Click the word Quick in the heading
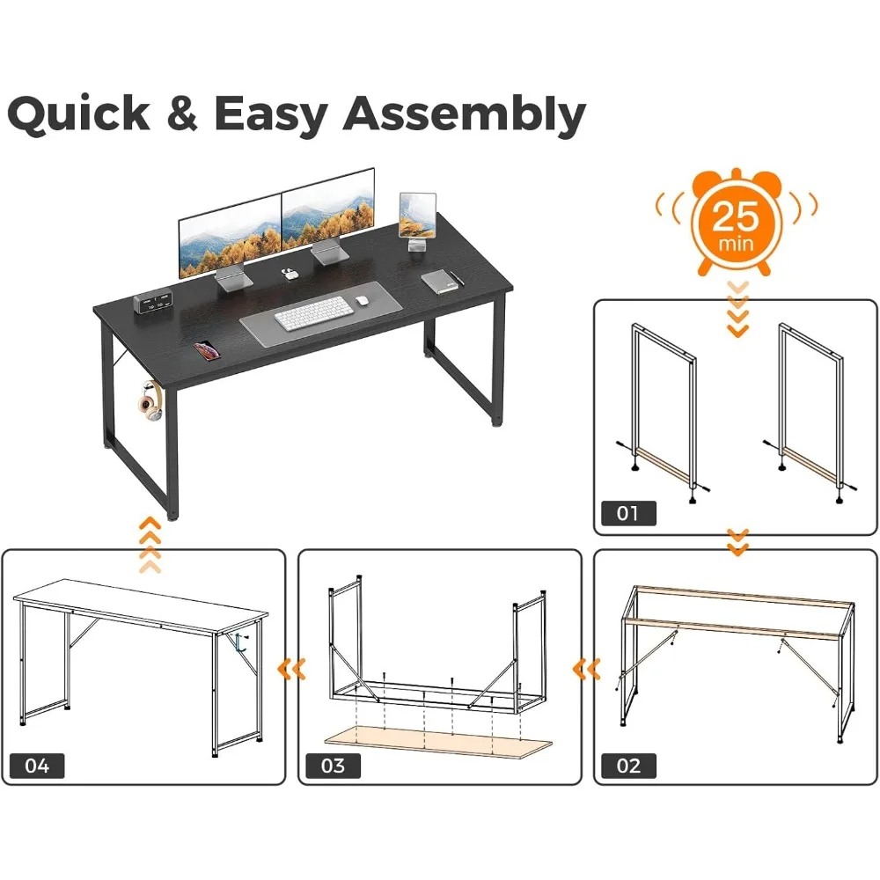pos(79,115)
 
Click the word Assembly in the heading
pos(464,115)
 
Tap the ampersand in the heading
pos(182,115)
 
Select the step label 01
pos(627,512)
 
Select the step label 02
pos(627,765)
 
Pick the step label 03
pos(333,765)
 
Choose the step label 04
pos(37,765)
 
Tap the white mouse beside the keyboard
pos(361,301)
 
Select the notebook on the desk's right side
pos(440,281)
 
